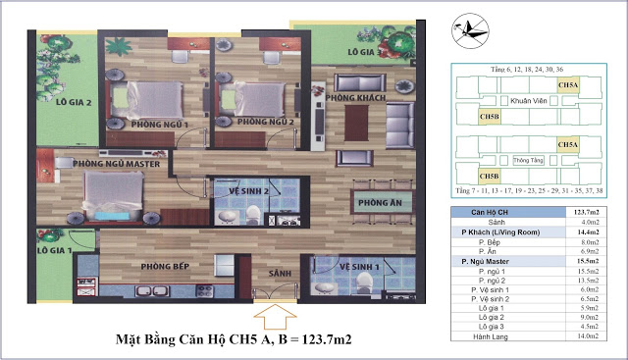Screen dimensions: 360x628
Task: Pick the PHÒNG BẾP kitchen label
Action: (164, 266)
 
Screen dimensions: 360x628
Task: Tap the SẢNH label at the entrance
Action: (281, 273)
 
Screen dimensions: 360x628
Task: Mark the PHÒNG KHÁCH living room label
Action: (353, 99)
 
